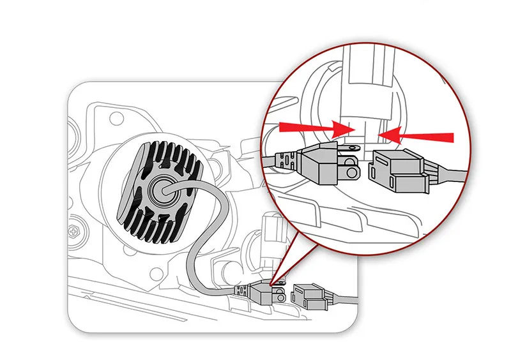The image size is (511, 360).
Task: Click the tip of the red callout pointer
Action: pyautogui.click(x=271, y=285)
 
